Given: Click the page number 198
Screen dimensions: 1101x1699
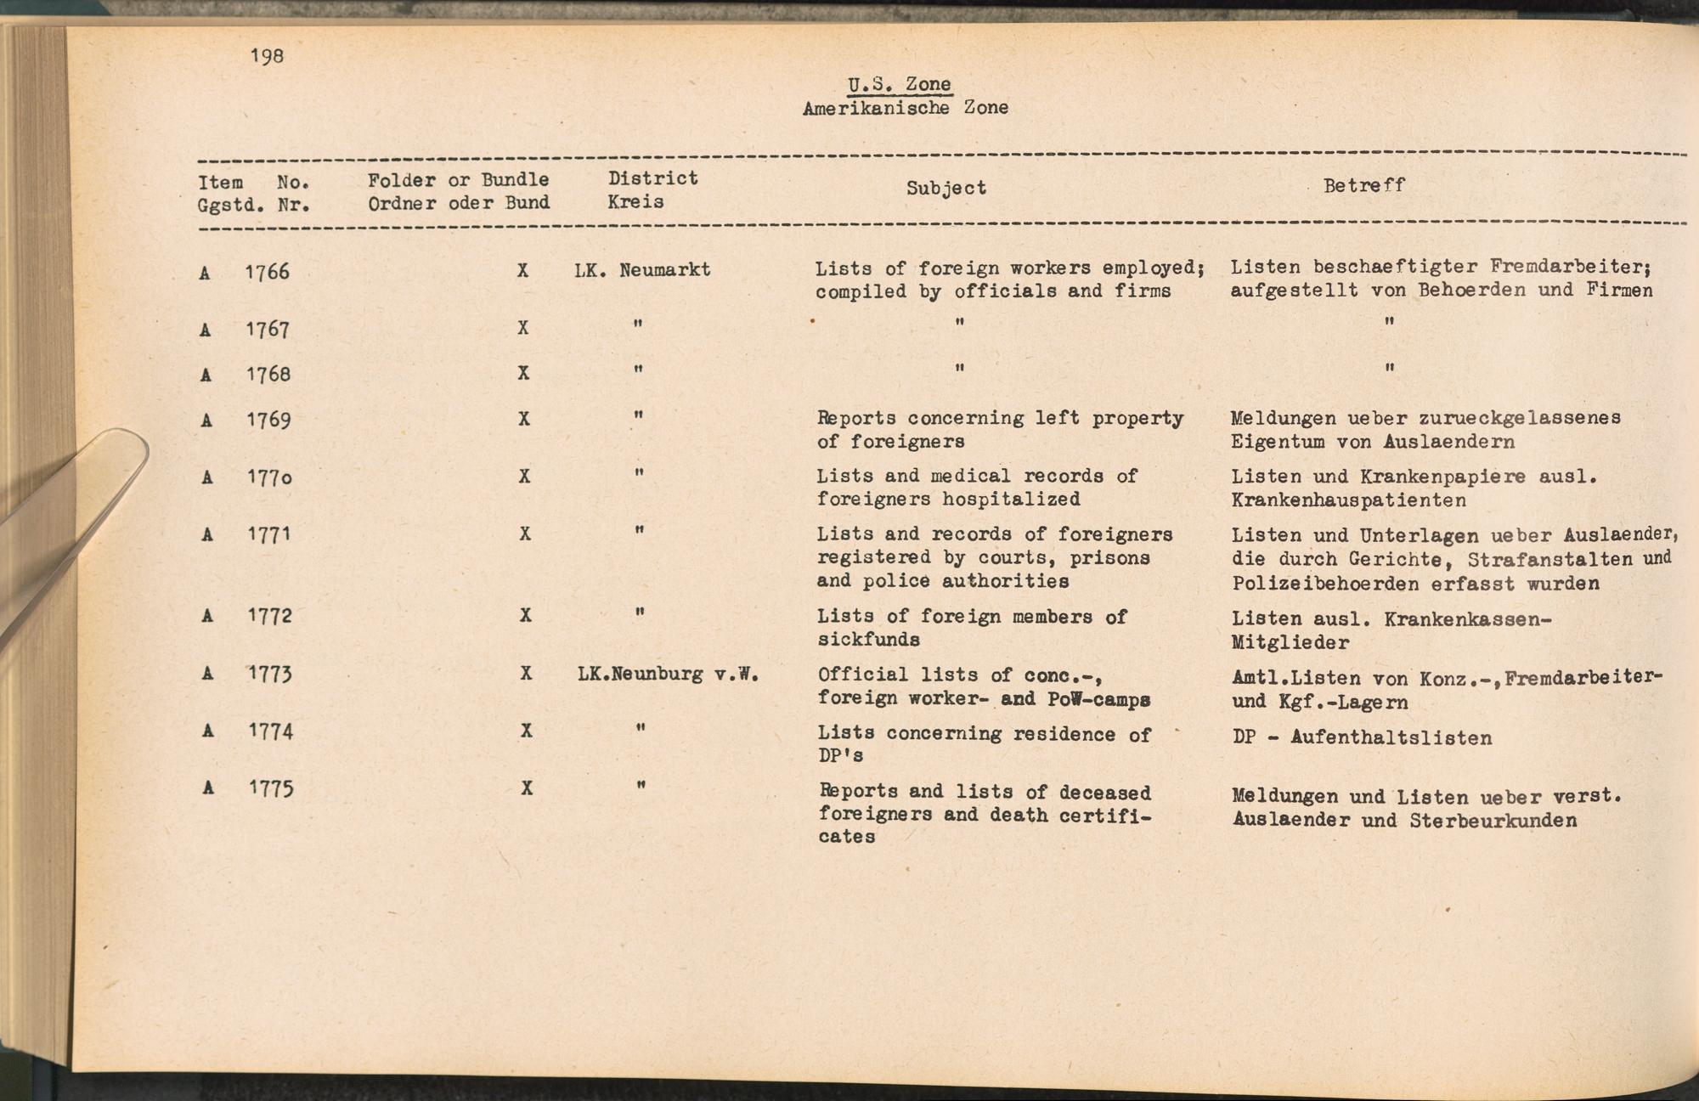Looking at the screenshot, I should tap(267, 56).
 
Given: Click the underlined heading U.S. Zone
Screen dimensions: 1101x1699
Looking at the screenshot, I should tap(900, 84).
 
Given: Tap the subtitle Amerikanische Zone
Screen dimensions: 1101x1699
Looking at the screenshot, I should tap(905, 108).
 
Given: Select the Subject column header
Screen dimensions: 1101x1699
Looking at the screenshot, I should tap(945, 188).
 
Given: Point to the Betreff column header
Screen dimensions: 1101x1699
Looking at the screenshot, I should tap(1363, 185).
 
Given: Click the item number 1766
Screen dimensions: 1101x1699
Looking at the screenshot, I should tap(267, 272).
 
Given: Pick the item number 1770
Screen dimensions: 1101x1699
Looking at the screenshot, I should tap(269, 477).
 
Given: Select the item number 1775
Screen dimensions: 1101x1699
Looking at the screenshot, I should tap(271, 789).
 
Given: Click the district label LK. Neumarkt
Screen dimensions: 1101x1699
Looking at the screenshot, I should tap(642, 270).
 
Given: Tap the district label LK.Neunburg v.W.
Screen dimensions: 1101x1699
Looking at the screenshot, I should tap(668, 675).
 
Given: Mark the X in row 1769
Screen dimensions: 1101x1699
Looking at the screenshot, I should tap(524, 419).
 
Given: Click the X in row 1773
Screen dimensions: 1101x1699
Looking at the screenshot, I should tap(527, 674).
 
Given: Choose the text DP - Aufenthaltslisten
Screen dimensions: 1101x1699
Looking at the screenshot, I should tap(1362, 737).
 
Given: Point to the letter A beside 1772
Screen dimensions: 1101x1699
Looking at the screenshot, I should tap(207, 616).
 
